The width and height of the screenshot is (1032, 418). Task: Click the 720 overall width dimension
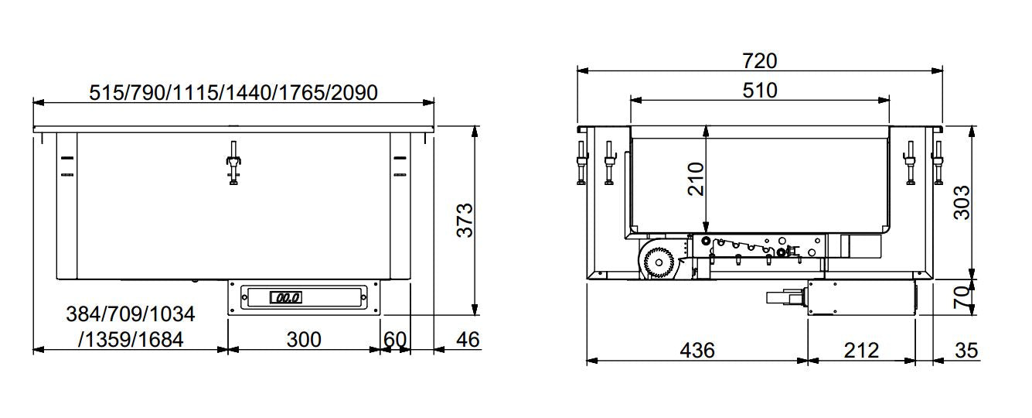click(x=759, y=60)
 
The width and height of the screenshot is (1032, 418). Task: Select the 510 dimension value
click(x=759, y=90)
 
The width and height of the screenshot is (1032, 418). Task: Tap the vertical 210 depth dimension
click(x=697, y=179)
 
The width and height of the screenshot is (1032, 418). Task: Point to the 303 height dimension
click(x=961, y=202)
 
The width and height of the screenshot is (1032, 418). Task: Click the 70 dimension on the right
click(x=961, y=297)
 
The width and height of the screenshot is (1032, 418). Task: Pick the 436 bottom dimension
click(x=697, y=350)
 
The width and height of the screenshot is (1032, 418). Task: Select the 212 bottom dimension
click(x=861, y=350)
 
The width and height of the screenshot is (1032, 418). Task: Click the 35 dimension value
click(x=966, y=350)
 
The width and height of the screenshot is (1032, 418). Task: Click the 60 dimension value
click(x=394, y=339)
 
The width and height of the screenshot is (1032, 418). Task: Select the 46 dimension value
click(x=467, y=339)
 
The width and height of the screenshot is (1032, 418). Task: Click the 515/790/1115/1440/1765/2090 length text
click(x=233, y=93)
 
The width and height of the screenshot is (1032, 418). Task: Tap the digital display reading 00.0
click(x=284, y=297)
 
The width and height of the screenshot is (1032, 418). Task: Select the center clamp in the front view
click(x=233, y=163)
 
